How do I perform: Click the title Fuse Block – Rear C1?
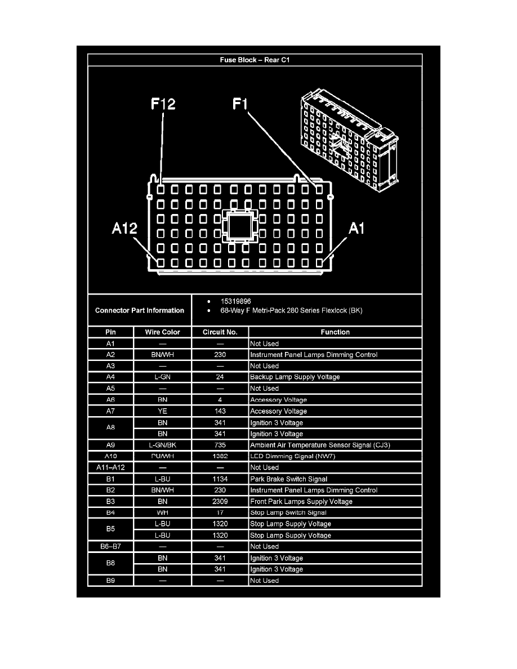[x=255, y=60]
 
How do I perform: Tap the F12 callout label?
[x=163, y=104]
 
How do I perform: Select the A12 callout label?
[x=123, y=229]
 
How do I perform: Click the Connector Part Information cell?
[x=140, y=310]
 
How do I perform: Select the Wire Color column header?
[x=162, y=332]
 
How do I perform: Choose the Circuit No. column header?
[x=220, y=332]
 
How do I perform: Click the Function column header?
[x=335, y=332]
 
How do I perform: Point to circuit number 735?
[x=220, y=445]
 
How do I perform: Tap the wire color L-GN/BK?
[x=162, y=445]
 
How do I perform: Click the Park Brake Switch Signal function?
[x=288, y=479]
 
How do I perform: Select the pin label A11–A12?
[x=110, y=467]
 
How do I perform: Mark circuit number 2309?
[x=220, y=502]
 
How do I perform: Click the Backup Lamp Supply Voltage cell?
[x=295, y=377]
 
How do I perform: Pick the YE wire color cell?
[x=162, y=411]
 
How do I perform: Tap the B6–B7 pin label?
[x=110, y=547]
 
